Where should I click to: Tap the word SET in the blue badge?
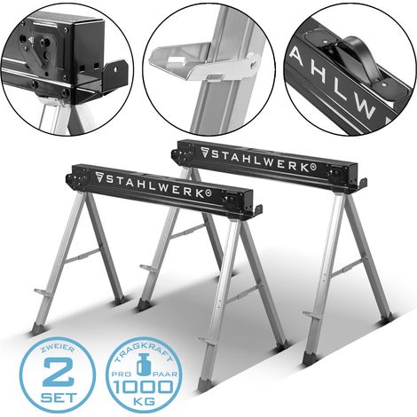(x=59, y=397)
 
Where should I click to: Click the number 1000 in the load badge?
(x=144, y=387)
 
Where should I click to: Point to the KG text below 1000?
(x=144, y=402)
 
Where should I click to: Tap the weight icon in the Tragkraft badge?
(x=144, y=366)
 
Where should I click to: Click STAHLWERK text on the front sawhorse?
(x=153, y=185)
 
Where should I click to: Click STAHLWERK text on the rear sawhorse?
(x=259, y=160)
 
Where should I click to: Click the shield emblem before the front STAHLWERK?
(x=99, y=177)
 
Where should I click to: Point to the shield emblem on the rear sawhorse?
(x=205, y=152)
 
